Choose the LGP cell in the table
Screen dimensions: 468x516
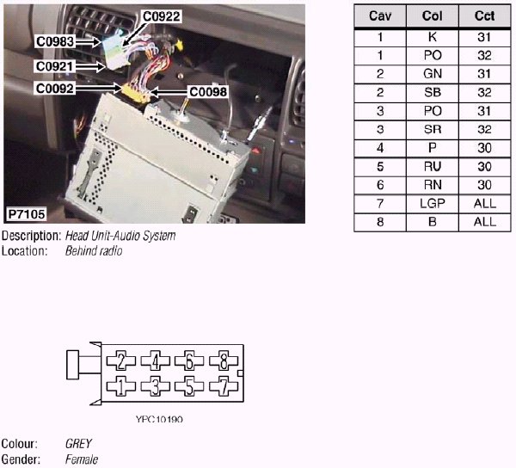click(431, 203)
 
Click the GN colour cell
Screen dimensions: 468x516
click(431, 74)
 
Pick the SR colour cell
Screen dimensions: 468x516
click(431, 129)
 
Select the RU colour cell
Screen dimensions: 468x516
click(431, 166)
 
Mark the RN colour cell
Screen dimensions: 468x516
click(431, 184)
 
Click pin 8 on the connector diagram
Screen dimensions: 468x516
click(224, 360)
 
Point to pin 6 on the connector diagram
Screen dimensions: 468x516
click(189, 360)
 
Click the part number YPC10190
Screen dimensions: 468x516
click(159, 420)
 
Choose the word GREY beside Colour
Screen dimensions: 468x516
click(79, 445)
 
